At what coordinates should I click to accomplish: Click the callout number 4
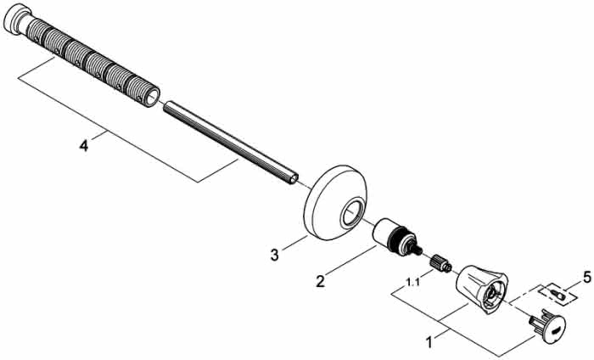84,145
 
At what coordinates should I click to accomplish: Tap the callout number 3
274,255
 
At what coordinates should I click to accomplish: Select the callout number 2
321,281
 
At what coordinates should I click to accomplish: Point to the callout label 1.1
413,282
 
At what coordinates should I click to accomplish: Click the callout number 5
587,278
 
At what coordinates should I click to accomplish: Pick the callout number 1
429,342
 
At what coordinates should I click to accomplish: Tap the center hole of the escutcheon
352,214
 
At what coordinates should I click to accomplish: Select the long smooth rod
231,143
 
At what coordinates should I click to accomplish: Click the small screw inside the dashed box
558,294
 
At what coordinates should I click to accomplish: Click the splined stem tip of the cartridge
417,250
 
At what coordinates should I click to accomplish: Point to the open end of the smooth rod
294,179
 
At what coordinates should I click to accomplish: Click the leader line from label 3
294,243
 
